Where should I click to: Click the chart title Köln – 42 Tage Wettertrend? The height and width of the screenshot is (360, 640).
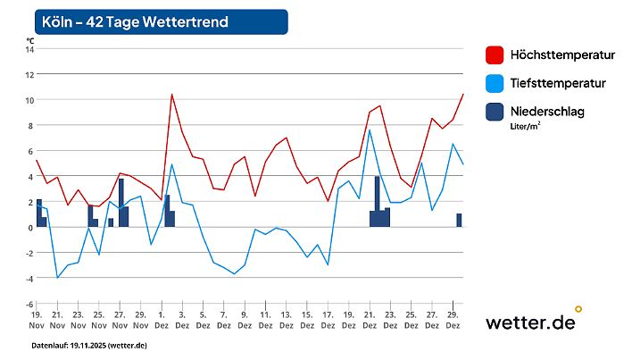(x=134, y=21)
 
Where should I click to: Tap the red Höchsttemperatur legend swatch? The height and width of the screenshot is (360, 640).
(x=495, y=55)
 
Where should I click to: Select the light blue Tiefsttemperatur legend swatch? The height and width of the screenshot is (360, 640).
(x=495, y=83)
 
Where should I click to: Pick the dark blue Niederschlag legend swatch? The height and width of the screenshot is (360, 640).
(x=495, y=112)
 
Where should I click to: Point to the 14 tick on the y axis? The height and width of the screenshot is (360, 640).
(x=29, y=49)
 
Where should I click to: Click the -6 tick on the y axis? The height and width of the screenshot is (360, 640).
(x=29, y=304)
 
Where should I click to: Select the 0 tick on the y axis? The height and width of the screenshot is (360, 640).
(x=29, y=227)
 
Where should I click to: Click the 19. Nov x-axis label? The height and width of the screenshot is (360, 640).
(x=37, y=321)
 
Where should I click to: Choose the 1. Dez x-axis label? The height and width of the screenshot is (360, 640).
(x=162, y=321)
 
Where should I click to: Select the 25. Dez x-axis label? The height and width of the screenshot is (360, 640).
(x=411, y=321)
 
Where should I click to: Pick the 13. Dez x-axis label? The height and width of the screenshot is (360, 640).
(x=286, y=321)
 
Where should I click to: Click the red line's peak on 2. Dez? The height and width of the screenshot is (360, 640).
(x=171, y=94)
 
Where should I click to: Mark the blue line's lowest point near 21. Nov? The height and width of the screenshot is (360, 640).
(x=58, y=278)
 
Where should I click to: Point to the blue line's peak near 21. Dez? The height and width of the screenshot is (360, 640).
(x=370, y=130)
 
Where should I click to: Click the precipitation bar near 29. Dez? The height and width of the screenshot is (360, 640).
(x=459, y=220)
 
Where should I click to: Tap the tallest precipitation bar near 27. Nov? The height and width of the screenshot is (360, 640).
(x=121, y=203)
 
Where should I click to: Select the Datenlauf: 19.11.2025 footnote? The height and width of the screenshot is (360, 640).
(x=88, y=345)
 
